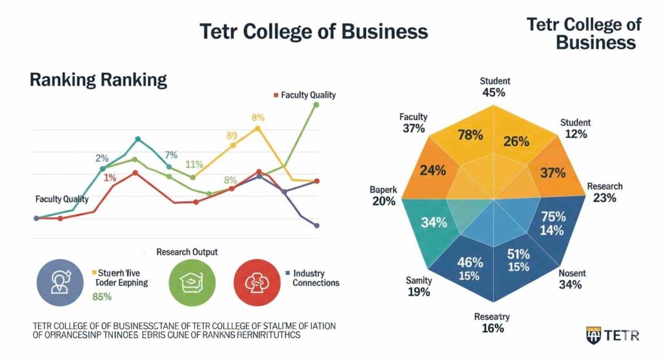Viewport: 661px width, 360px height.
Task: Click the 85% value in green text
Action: pyautogui.click(x=102, y=297)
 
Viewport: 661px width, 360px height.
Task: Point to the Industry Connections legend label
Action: pyautogui.click(x=316, y=278)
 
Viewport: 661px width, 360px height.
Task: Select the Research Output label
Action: pyautogui.click(x=187, y=252)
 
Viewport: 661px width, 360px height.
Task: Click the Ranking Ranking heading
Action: pyautogui.click(x=98, y=80)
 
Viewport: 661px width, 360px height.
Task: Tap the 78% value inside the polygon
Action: pyautogui.click(x=470, y=135)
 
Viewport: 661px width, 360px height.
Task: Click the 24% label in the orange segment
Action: pyautogui.click(x=433, y=171)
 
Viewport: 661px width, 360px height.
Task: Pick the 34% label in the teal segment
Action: pyautogui.click(x=434, y=223)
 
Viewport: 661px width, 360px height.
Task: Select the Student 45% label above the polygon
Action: pyautogui.click(x=494, y=87)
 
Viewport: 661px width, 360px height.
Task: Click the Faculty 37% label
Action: pyautogui.click(x=413, y=123)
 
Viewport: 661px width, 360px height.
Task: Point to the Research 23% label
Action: pyautogui.click(x=604, y=192)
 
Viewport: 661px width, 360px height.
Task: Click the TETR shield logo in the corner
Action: pyautogui.click(x=593, y=335)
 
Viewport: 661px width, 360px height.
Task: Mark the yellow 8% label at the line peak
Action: pyautogui.click(x=258, y=117)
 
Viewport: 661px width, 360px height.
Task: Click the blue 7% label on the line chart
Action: pyautogui.click(x=171, y=155)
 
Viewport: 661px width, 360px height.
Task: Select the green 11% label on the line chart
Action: pyautogui.click(x=194, y=165)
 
